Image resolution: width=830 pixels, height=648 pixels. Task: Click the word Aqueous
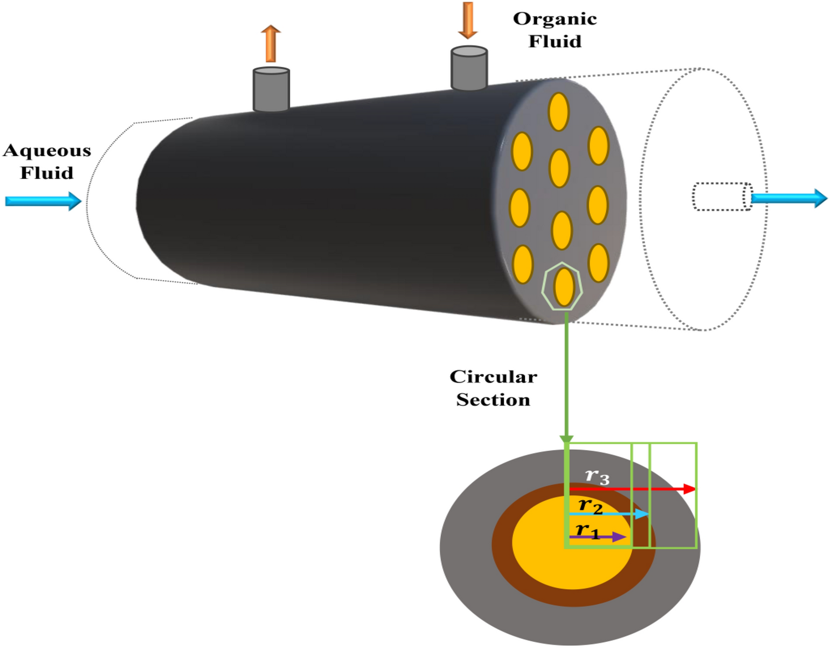pyautogui.click(x=47, y=151)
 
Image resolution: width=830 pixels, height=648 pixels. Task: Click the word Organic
pyautogui.click(x=555, y=19)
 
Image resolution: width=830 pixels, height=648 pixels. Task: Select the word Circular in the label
pyautogui.click(x=493, y=377)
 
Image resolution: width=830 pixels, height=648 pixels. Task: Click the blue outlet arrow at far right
pyautogui.click(x=790, y=198)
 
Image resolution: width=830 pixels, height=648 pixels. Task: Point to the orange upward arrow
pyautogui.click(x=271, y=43)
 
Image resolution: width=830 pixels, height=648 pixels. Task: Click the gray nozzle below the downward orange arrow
pyautogui.click(x=469, y=68)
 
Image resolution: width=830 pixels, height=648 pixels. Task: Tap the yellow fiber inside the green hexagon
pyautogui.click(x=564, y=286)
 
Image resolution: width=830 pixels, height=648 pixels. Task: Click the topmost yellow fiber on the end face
pyautogui.click(x=558, y=111)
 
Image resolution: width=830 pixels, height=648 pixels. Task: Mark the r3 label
pyautogui.click(x=597, y=476)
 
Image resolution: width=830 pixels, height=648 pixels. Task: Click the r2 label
pyautogui.click(x=590, y=505)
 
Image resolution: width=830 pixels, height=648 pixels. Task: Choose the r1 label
pyautogui.click(x=587, y=531)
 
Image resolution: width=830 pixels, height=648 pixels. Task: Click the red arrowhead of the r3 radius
pyautogui.click(x=689, y=488)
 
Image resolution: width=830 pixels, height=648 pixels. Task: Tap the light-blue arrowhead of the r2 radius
pyautogui.click(x=642, y=514)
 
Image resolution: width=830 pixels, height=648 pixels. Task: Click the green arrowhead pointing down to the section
pyautogui.click(x=566, y=440)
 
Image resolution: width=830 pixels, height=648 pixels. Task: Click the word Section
pyautogui.click(x=493, y=400)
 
